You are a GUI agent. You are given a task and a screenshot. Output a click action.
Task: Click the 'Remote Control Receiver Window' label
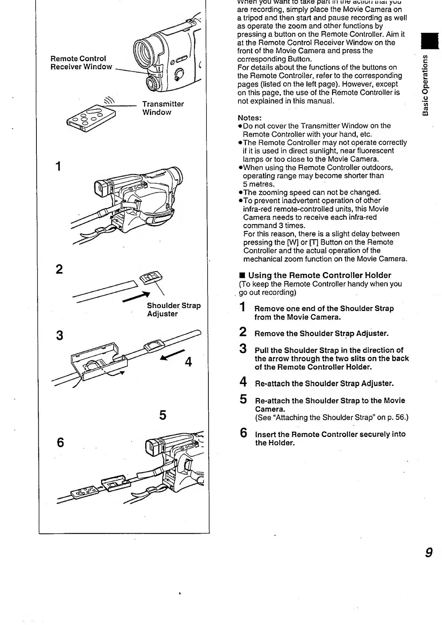pos(81,63)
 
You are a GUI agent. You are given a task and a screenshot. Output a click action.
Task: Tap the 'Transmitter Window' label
pos(163,108)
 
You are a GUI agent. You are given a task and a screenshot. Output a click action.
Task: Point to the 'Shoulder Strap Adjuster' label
pos(173,310)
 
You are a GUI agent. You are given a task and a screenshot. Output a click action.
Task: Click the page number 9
pos(429,553)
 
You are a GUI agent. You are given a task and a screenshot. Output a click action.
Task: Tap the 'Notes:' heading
pos(250,118)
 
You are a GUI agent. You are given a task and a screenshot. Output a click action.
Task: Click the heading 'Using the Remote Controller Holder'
pos(319,275)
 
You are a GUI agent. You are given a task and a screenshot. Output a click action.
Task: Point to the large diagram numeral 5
pos(162,415)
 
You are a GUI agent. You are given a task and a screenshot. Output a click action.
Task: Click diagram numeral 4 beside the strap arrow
pos(188,362)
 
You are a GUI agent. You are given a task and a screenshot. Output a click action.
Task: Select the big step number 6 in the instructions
pos(244,433)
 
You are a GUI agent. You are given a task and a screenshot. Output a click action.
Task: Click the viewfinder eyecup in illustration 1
pos(100,189)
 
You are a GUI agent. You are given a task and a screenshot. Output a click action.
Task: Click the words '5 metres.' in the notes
pos(259,184)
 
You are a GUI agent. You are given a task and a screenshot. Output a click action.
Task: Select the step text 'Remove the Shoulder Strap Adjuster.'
pos(321,333)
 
